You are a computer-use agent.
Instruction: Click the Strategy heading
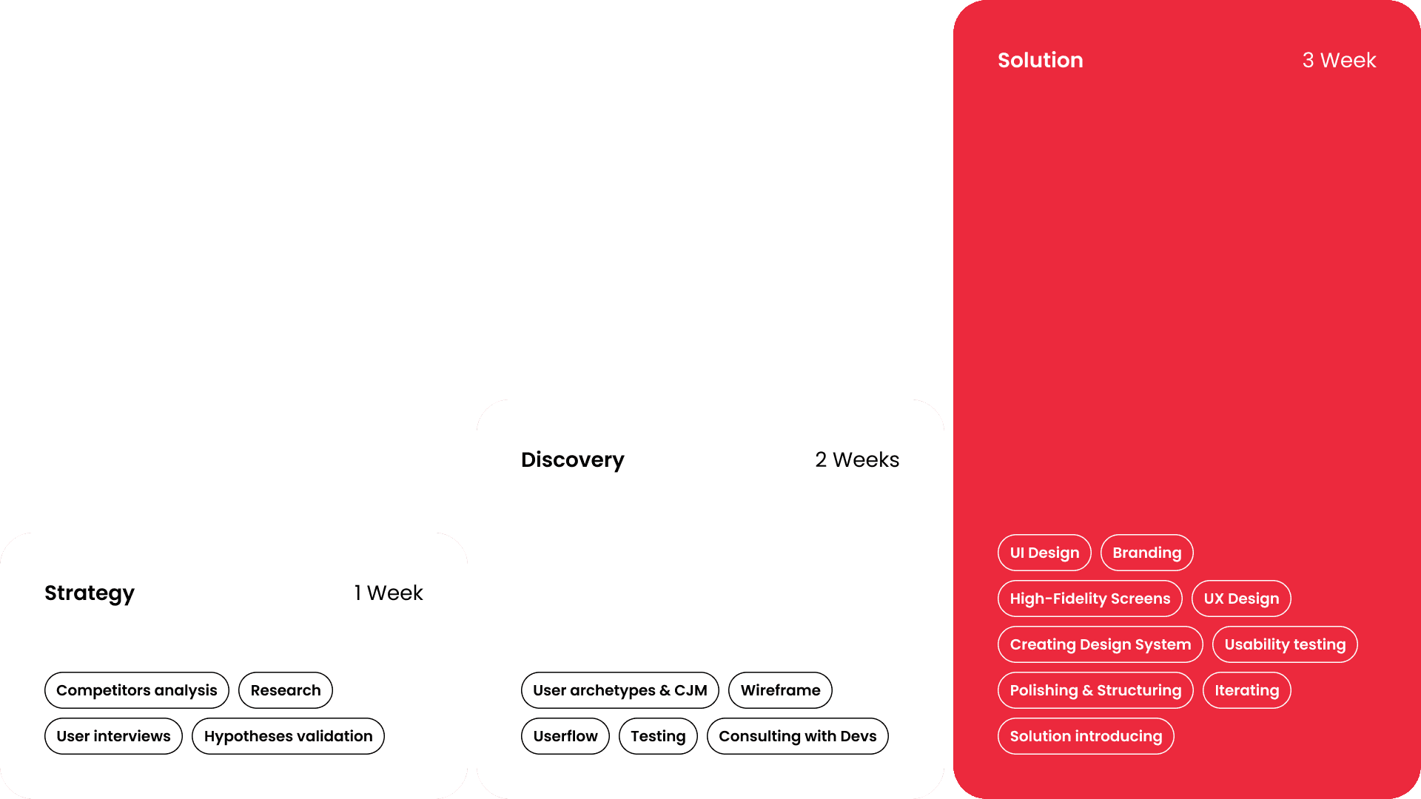[90, 593]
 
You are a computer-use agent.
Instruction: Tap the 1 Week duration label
[389, 593]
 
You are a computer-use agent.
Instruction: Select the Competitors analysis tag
[137, 690]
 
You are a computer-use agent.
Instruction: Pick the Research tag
[286, 690]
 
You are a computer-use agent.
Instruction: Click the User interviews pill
[113, 736]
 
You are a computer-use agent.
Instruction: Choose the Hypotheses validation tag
[288, 736]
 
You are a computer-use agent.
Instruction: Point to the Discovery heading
[573, 459]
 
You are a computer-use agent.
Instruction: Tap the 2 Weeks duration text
[857, 459]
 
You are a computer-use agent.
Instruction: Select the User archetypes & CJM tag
[620, 690]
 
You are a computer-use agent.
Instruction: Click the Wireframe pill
[780, 690]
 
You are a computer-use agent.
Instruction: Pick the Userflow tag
[565, 736]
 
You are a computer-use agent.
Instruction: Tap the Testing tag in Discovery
[658, 736]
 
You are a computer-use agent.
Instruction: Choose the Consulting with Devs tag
[797, 736]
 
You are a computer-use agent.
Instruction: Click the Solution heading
[1040, 60]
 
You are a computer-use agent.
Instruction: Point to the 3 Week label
[1339, 60]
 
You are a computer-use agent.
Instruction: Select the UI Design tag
[1044, 553]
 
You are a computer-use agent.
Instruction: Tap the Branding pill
[1146, 553]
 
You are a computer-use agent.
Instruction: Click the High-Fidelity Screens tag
[1090, 599]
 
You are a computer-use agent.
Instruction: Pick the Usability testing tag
[1285, 644]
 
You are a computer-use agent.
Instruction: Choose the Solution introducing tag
[1086, 736]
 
